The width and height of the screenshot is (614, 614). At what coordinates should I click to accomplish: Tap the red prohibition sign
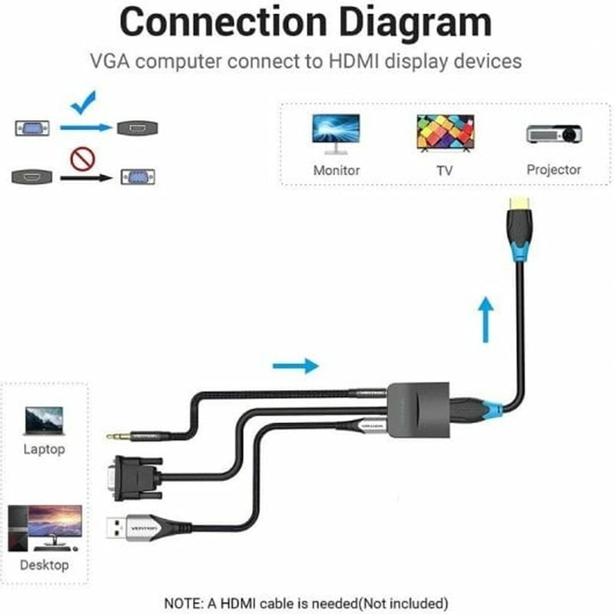(83, 159)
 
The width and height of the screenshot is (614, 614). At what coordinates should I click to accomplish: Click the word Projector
(554, 170)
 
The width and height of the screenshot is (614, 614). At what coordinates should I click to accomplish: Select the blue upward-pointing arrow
(486, 320)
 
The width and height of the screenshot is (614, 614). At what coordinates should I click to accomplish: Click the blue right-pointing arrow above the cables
(296, 365)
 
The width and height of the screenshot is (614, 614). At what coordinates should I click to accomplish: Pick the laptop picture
(44, 421)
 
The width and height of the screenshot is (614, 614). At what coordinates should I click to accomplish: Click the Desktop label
(44, 565)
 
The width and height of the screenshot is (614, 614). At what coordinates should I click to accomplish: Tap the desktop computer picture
(45, 527)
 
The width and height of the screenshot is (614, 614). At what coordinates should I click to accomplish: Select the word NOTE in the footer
(183, 603)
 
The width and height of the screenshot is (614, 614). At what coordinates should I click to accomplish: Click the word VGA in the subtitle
(109, 61)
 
